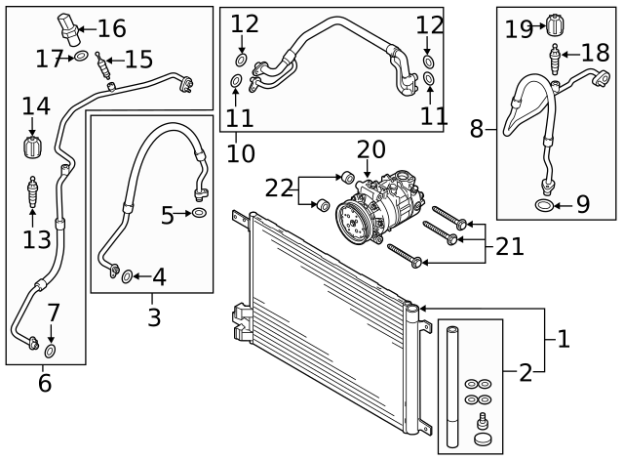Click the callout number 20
click(x=370, y=149)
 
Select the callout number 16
click(x=111, y=27)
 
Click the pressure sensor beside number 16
click(x=67, y=28)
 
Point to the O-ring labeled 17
click(x=81, y=59)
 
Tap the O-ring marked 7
click(x=52, y=349)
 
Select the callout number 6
click(x=45, y=383)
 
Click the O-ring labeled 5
click(x=198, y=212)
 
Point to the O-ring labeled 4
click(x=127, y=277)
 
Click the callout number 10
click(x=240, y=153)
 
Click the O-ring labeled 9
click(x=543, y=205)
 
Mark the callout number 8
click(x=477, y=127)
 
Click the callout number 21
click(x=509, y=246)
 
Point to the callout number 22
click(x=280, y=188)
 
